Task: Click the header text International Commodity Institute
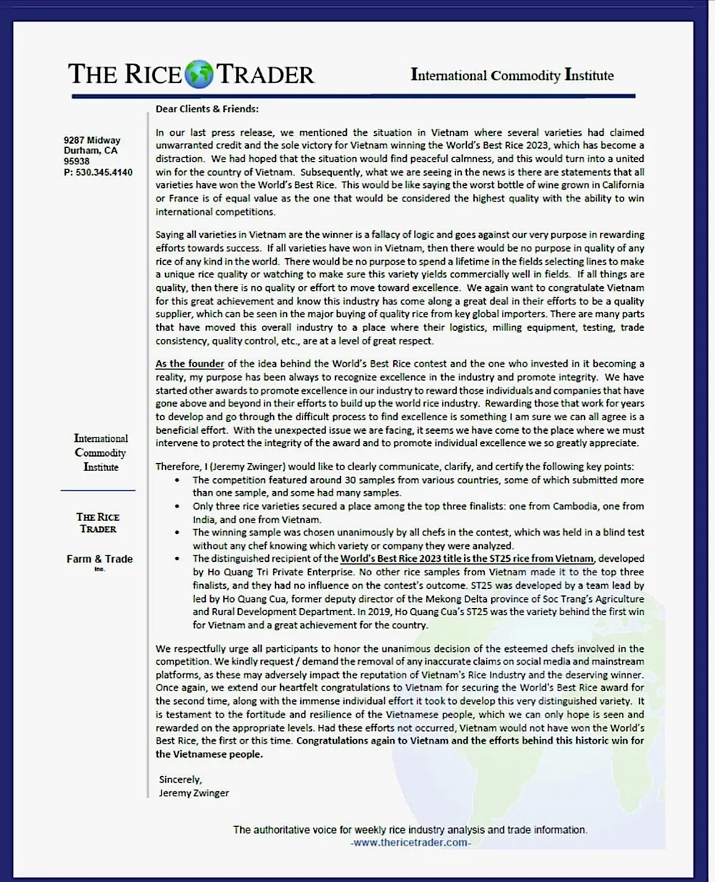coord(512,75)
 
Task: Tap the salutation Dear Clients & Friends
coord(207,109)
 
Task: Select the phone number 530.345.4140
coord(104,172)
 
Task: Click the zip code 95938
coord(77,162)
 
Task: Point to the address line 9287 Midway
coord(92,140)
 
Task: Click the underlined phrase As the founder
coord(189,364)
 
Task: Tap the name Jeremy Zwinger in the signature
coord(194,793)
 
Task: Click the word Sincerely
coord(180,779)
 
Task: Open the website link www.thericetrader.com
coord(410,843)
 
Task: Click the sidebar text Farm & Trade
coord(99,559)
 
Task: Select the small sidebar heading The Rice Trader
coord(98,522)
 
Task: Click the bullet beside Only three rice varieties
coord(177,506)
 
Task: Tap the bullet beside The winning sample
coord(177,532)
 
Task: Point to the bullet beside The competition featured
coord(177,480)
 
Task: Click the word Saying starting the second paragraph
coord(169,234)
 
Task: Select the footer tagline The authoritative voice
coord(410,830)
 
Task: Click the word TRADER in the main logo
coord(265,74)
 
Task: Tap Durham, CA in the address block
coord(90,151)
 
